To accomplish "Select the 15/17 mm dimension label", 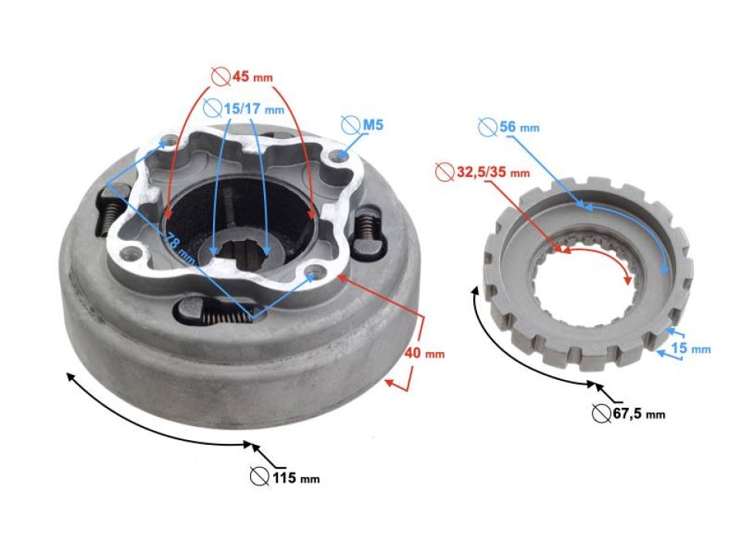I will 245,108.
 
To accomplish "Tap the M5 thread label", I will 374,124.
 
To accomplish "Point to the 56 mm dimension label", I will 517,126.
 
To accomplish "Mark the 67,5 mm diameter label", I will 640,414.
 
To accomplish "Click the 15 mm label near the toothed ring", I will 689,348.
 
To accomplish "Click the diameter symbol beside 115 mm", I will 259,476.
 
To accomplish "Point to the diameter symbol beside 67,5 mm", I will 602,413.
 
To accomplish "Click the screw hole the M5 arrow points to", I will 337,156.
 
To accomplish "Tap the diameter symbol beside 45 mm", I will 220,76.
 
